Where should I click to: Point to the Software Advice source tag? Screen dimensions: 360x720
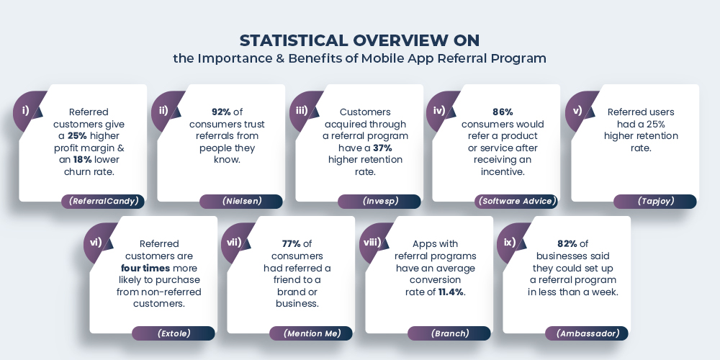(x=517, y=202)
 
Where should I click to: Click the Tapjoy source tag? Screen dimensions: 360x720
(x=655, y=202)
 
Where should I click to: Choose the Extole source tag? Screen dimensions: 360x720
(x=174, y=333)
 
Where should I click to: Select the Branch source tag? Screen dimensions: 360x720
(x=449, y=333)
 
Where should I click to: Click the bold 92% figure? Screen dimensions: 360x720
(x=221, y=112)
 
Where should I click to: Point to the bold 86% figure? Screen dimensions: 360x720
(x=503, y=112)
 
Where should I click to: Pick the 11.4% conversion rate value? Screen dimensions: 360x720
(x=451, y=292)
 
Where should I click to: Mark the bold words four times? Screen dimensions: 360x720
(x=146, y=268)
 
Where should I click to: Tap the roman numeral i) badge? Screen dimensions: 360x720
(x=26, y=110)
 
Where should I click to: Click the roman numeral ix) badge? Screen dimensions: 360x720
(x=509, y=243)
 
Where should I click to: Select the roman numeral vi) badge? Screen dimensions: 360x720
(x=96, y=243)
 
